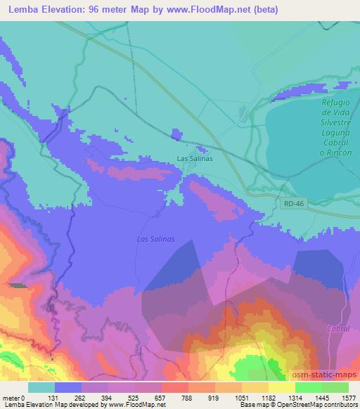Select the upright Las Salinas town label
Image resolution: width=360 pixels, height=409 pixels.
pos(195,158)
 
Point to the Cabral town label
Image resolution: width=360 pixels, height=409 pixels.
pos(338,328)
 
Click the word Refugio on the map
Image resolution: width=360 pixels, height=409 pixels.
pos(335,103)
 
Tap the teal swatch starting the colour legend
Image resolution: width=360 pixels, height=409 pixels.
pos(41,387)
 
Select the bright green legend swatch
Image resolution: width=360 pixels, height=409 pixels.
pos(308,387)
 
